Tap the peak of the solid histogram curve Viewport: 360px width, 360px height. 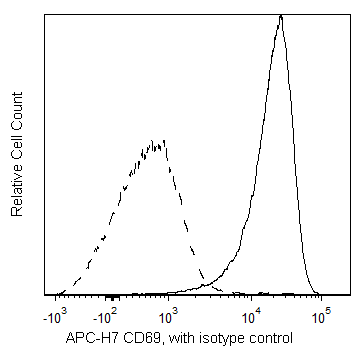coord(282,16)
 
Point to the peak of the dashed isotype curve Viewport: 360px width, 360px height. coord(157,141)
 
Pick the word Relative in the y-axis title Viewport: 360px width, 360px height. coord(17,189)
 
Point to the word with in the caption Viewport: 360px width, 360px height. coord(183,340)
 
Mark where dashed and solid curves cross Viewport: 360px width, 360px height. coord(207,281)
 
